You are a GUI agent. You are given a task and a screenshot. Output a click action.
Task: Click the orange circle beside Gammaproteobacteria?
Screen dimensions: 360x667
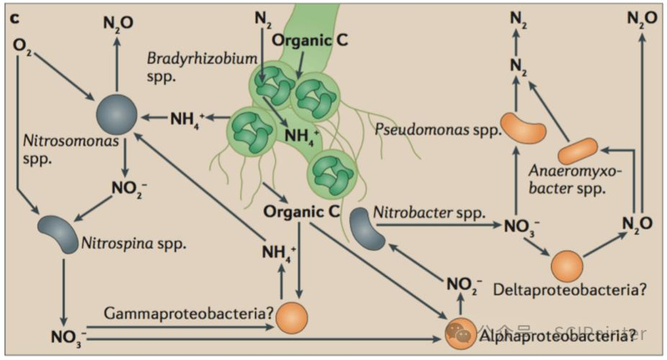(292, 317)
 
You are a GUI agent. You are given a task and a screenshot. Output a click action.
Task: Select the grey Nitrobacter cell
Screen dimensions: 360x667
(368, 227)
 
